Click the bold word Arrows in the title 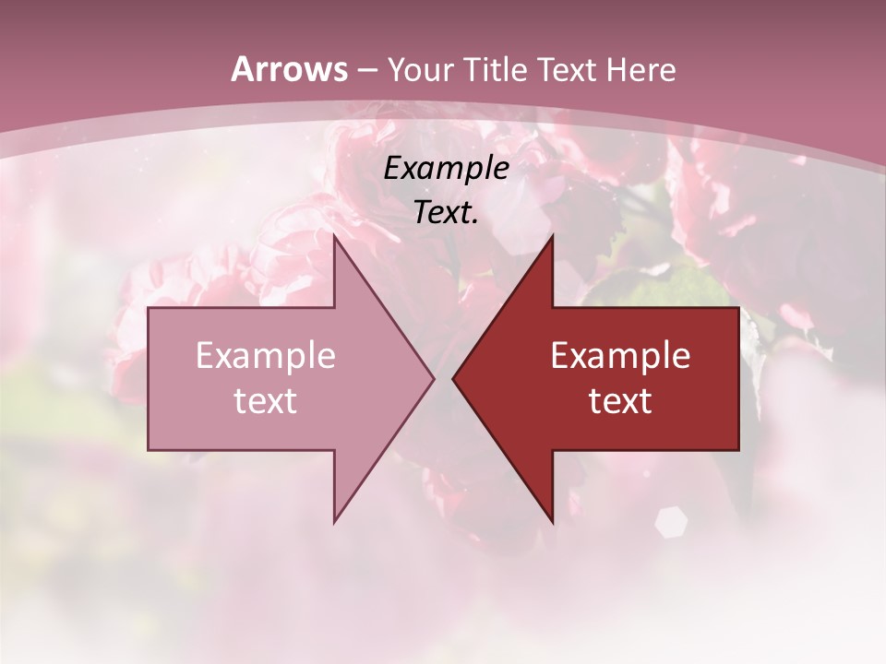(289, 69)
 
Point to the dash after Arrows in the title (366, 71)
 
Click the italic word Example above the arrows (447, 169)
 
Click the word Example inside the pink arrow (266, 356)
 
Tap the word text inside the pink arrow (266, 401)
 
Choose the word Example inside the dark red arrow (620, 356)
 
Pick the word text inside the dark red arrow (620, 401)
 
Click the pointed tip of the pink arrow (433, 378)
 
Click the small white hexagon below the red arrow (671, 522)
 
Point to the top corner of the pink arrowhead (335, 237)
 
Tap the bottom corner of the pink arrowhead (335, 521)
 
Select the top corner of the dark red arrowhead (552, 237)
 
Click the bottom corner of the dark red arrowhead (552, 521)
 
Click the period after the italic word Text (475, 222)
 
